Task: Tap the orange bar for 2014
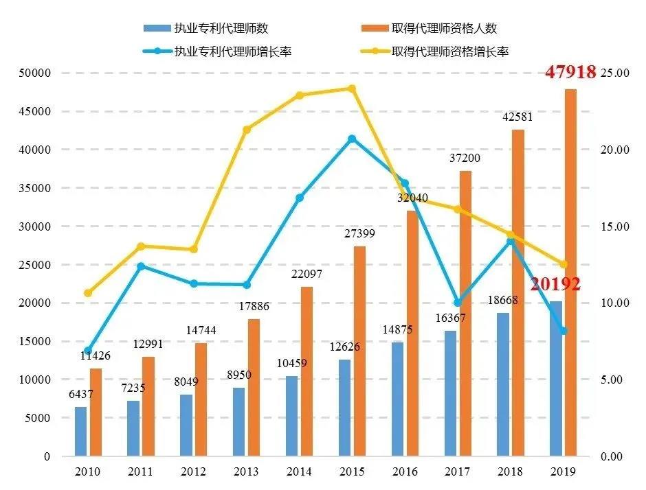(x=307, y=371)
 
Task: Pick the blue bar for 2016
(x=398, y=399)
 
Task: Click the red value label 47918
(x=570, y=71)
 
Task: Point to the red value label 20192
(x=555, y=284)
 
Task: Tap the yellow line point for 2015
(x=352, y=89)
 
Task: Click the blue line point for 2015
(x=352, y=139)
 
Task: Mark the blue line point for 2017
(x=458, y=303)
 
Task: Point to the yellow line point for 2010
(x=87, y=293)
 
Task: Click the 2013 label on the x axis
(x=246, y=472)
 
